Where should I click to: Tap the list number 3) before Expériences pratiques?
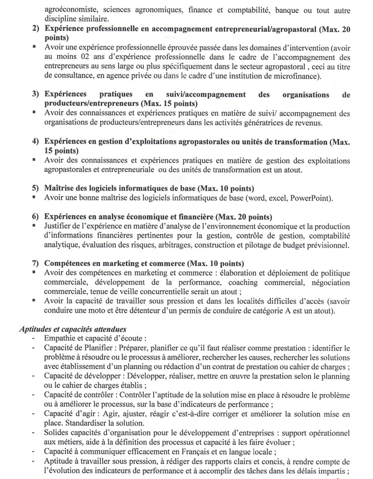[36, 94]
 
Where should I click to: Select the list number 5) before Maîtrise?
[36, 188]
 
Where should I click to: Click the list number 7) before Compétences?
[36, 263]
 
